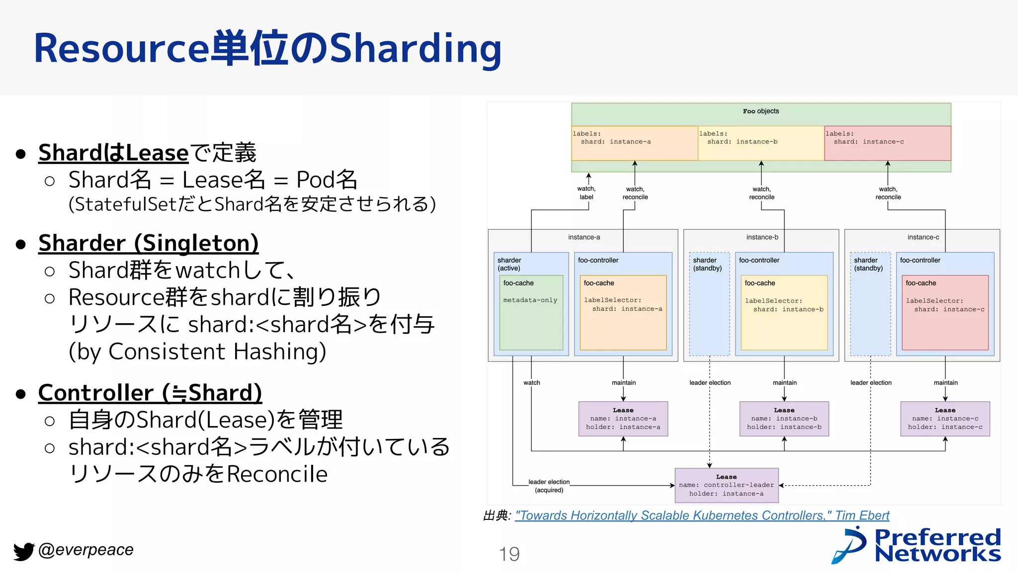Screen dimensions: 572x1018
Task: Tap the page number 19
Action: (x=509, y=554)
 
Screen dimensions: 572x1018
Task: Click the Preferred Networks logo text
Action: (x=936, y=545)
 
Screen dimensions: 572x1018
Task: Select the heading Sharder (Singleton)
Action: (x=148, y=243)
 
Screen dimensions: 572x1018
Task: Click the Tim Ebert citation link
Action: (x=702, y=515)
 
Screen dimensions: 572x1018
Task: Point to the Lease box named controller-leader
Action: (x=726, y=485)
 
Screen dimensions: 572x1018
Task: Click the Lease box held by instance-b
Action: (x=784, y=419)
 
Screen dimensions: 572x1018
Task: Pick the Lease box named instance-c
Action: (x=945, y=419)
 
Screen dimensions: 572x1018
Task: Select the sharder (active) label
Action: (x=509, y=264)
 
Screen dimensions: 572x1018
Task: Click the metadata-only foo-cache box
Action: (x=531, y=313)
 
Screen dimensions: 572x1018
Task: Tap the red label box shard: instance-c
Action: (x=887, y=143)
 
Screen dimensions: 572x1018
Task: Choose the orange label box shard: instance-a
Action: (x=634, y=143)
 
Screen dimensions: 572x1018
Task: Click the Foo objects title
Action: (x=761, y=111)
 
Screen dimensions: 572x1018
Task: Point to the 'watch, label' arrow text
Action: (x=587, y=193)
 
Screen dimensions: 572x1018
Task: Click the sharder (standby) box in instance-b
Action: (x=709, y=304)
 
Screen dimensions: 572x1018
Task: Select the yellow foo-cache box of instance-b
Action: (x=784, y=313)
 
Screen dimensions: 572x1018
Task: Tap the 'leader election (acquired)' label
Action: (x=549, y=486)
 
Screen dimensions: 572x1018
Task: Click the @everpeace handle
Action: (x=85, y=550)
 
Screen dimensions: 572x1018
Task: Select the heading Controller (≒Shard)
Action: (x=150, y=393)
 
